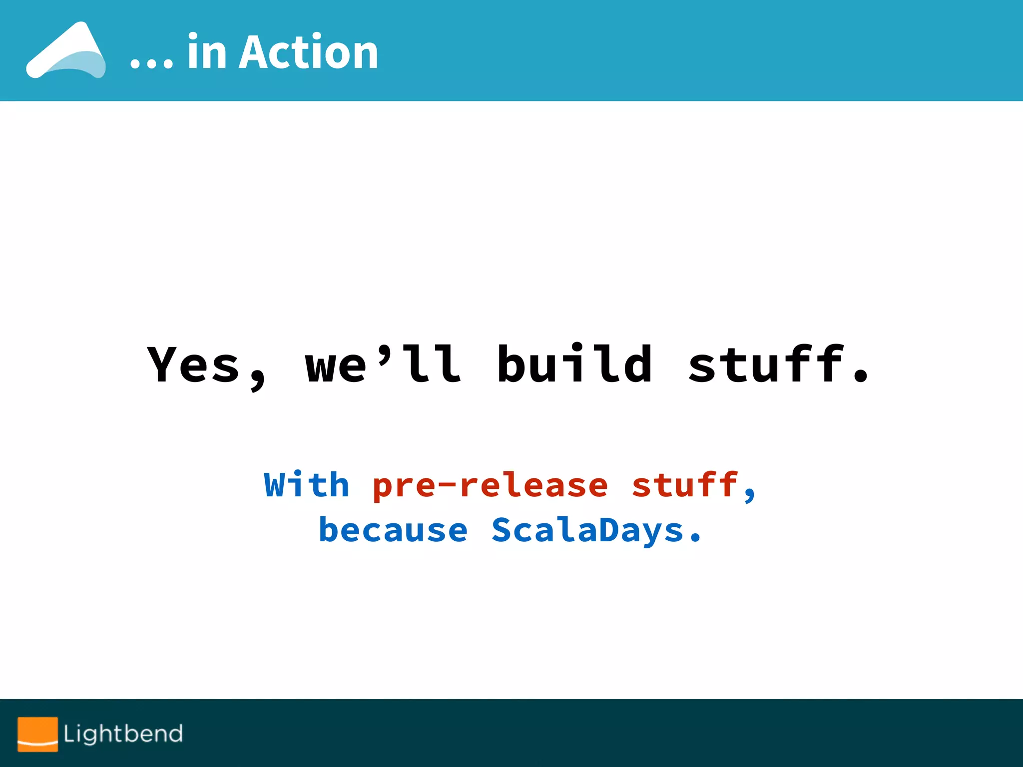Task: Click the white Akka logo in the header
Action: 66,51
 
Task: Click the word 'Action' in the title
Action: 308,52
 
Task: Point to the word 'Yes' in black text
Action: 194,365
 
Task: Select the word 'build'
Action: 574,364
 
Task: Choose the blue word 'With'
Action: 306,484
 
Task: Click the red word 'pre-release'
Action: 490,485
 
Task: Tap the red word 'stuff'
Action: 685,484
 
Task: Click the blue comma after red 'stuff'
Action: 749,495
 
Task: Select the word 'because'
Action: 393,530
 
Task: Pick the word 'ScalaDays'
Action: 587,531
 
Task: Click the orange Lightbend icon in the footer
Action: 38,734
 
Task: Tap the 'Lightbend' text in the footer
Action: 123,734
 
